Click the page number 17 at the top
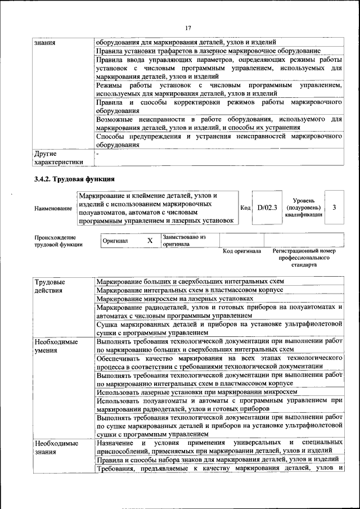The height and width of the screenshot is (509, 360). point(187,28)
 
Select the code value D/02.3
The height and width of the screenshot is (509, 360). point(267,208)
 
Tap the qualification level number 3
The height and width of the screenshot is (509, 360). point(334,208)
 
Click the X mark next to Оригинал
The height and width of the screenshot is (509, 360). point(150,241)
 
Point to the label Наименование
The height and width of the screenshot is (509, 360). point(53,208)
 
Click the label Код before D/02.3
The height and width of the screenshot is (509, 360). point(245,208)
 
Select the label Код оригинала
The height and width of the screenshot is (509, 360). point(242,251)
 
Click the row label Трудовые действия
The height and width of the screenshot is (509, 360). point(49,286)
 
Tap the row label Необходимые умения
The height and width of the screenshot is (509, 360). point(56,346)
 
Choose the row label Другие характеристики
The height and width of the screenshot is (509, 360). point(58,157)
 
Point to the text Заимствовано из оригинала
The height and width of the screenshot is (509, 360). point(184,241)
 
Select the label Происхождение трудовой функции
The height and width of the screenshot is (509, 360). point(58,241)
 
